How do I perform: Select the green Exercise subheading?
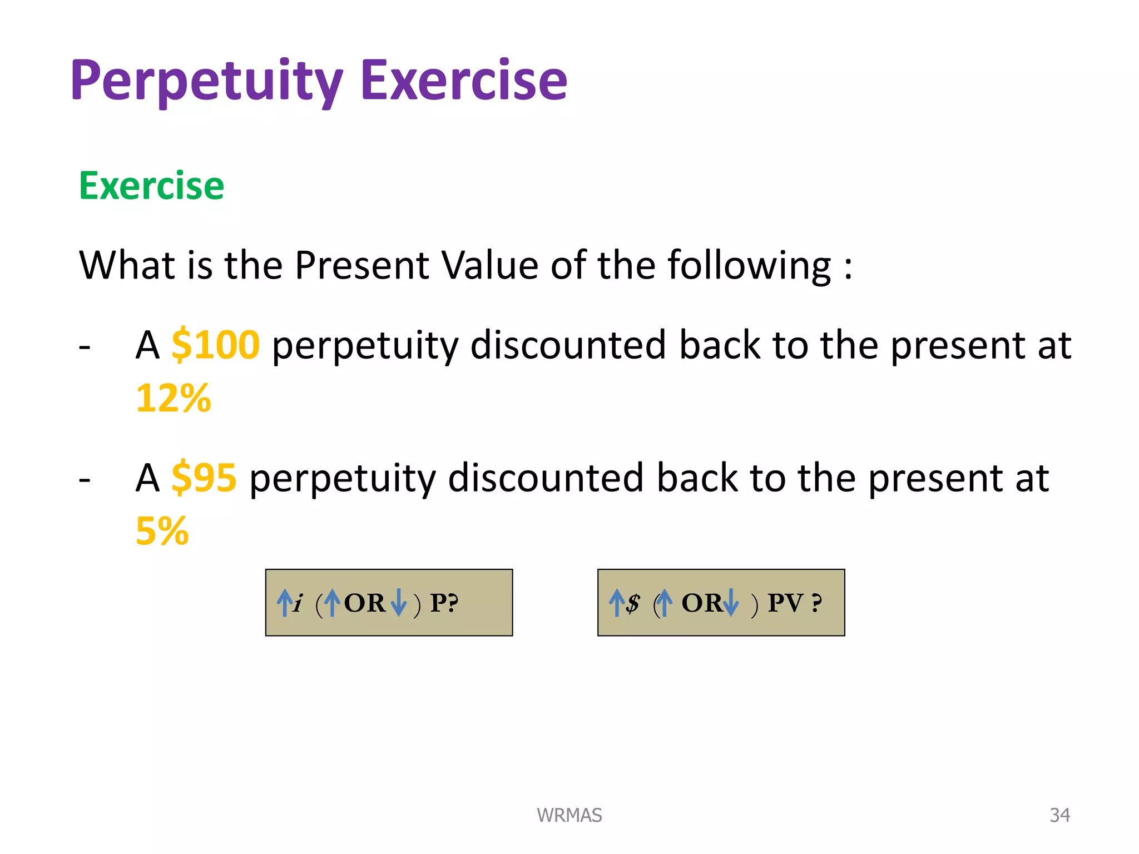pyautogui.click(x=151, y=186)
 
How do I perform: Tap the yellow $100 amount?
pyautogui.click(x=215, y=345)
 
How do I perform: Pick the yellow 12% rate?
pyautogui.click(x=174, y=398)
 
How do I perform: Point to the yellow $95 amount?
pyautogui.click(x=204, y=478)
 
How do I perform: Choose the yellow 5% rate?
pyautogui.click(x=162, y=531)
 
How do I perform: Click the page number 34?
pyautogui.click(x=1059, y=815)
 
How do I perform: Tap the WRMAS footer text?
pyautogui.click(x=569, y=815)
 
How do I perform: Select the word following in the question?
pyautogui.click(x=749, y=265)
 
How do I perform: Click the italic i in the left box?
pyautogui.click(x=299, y=603)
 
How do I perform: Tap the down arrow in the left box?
pyautogui.click(x=399, y=603)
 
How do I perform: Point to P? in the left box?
pyautogui.click(x=444, y=603)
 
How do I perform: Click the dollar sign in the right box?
pyautogui.click(x=633, y=603)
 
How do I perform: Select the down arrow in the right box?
pyautogui.click(x=731, y=603)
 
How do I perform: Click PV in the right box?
pyautogui.click(x=785, y=603)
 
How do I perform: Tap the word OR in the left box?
pyautogui.click(x=364, y=603)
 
